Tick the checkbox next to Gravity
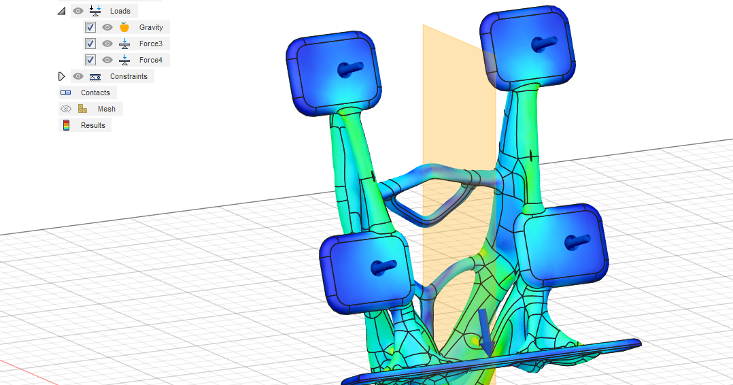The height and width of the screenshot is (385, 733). pos(90,27)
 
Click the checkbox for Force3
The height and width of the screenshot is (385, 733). pos(90,44)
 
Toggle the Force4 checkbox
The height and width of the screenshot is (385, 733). pos(90,60)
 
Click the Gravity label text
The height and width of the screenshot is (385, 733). pos(151,27)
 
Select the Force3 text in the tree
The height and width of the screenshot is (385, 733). pos(150,44)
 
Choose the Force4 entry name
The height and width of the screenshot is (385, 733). pos(150,60)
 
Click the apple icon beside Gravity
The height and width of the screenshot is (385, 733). pos(124,27)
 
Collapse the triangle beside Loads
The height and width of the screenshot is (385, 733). pos(62,11)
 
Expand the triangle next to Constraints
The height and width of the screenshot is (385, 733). pos(62,76)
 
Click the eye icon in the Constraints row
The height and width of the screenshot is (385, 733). pos(78,76)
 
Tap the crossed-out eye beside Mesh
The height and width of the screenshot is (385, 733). pos(66,109)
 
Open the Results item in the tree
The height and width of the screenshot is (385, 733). pos(92,125)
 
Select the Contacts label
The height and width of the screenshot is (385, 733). pos(95,93)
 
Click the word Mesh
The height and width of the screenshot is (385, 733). pos(106,109)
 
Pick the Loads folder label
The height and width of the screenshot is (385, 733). pos(120,11)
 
